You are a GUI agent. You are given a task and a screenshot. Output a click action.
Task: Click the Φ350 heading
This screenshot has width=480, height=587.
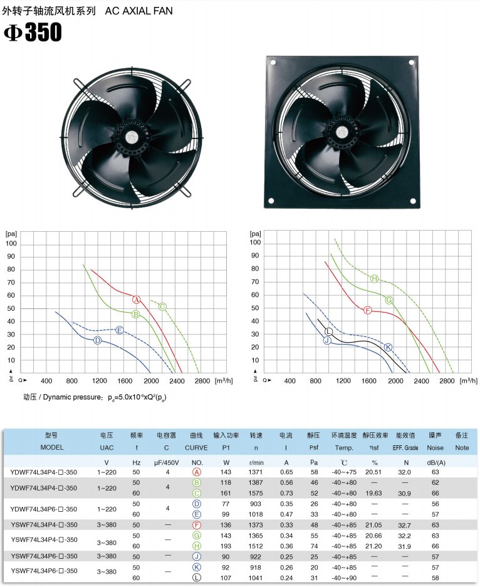click(x=33, y=32)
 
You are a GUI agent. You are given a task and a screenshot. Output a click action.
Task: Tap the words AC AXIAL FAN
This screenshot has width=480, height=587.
click(x=139, y=11)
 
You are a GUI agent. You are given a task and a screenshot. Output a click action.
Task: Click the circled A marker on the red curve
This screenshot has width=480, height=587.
click(x=137, y=300)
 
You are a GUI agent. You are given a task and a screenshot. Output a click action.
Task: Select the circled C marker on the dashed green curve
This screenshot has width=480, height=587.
click(x=162, y=307)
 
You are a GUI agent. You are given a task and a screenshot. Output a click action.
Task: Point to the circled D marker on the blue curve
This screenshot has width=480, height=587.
click(x=97, y=340)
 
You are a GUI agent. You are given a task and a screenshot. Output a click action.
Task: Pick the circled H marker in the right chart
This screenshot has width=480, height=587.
click(x=375, y=279)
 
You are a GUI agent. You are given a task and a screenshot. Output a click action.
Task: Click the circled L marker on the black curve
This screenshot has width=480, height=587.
click(x=328, y=331)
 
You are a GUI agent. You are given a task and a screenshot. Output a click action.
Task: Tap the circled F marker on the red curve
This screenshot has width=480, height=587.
click(x=368, y=310)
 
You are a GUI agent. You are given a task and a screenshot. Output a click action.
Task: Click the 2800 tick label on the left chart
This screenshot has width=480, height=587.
click(x=202, y=381)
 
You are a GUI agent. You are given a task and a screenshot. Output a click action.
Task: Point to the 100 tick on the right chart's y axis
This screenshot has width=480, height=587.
click(x=255, y=242)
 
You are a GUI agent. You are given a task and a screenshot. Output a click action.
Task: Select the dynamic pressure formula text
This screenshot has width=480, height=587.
click(x=95, y=397)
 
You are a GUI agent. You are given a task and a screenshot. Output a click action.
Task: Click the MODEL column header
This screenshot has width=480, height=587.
click(x=52, y=447)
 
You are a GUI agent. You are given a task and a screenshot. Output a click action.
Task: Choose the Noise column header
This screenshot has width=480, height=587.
click(x=435, y=448)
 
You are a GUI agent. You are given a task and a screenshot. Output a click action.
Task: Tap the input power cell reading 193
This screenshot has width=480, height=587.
click(x=226, y=546)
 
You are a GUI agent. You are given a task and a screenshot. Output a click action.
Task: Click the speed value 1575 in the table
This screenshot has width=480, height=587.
click(x=255, y=493)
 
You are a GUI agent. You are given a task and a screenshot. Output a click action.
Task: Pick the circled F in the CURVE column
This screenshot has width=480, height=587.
click(x=197, y=525)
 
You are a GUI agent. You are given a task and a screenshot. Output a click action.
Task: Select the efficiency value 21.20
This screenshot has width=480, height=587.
click(x=373, y=546)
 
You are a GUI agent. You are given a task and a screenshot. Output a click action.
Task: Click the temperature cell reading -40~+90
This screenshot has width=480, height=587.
click(x=344, y=578)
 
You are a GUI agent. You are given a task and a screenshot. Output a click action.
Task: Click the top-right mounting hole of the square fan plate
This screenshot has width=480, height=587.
click(x=411, y=63)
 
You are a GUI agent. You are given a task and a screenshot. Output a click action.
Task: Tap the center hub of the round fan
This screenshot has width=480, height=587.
click(x=131, y=137)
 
